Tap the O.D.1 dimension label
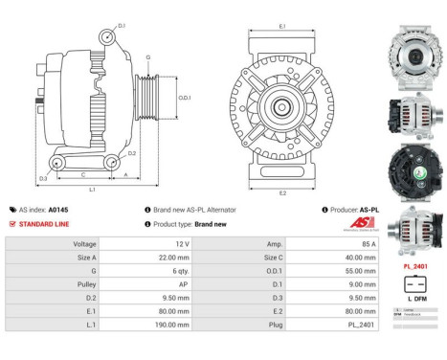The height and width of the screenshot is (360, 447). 187,98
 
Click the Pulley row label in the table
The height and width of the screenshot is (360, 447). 83,284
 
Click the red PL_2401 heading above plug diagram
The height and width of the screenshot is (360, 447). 413,265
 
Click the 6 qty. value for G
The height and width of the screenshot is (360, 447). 156,271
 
